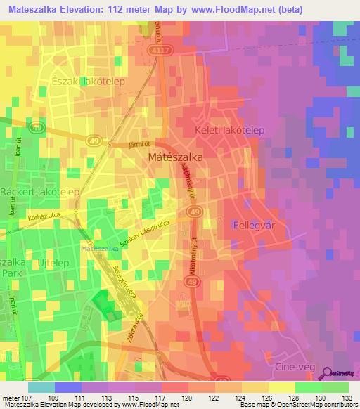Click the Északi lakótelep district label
coord(88,82)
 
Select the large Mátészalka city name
coord(176,158)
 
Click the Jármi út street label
coord(141,145)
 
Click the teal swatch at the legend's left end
coord(41,387)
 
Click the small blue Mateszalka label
coord(99,249)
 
